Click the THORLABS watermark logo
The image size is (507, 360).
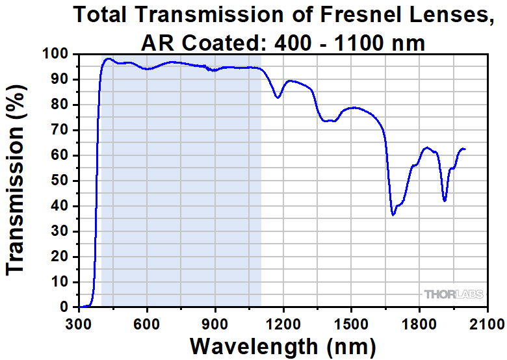[454, 294]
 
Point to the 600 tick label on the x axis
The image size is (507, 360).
[148, 322]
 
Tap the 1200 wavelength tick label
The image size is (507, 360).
[283, 322]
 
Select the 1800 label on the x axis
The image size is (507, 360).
[419, 322]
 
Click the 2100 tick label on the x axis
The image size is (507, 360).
[487, 322]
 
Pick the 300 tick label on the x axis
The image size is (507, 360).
[79, 322]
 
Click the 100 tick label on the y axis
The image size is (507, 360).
[57, 54]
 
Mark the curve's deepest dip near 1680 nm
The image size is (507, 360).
[393, 214]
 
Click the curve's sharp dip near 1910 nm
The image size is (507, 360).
[445, 201]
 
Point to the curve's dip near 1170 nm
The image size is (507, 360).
[278, 97]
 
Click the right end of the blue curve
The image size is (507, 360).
[465, 149]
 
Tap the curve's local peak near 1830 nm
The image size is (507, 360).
[426, 148]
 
